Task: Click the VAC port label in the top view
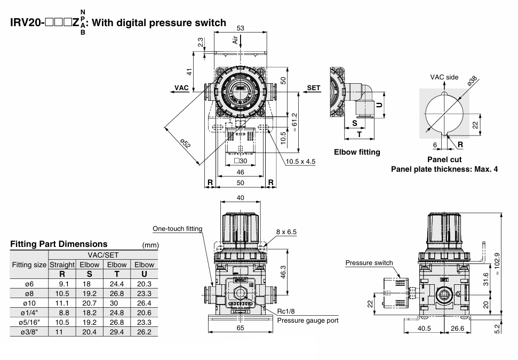[182, 87]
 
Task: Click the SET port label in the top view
[314, 87]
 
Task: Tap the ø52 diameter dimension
[184, 143]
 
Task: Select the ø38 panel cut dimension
[472, 81]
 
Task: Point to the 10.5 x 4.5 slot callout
[301, 162]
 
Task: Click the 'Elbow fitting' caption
[357, 152]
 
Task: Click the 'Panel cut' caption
[444, 159]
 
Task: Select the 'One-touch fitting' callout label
[178, 229]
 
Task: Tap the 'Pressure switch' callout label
[369, 263]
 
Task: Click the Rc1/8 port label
[286, 312]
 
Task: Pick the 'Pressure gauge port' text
[308, 321]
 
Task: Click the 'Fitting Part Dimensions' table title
[59, 244]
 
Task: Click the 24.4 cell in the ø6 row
[116, 284]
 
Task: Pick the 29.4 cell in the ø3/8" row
[116, 332]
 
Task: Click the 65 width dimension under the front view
[241, 328]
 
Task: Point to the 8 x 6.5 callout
[286, 232]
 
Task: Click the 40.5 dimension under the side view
[424, 329]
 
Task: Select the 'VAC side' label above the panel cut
[444, 77]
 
